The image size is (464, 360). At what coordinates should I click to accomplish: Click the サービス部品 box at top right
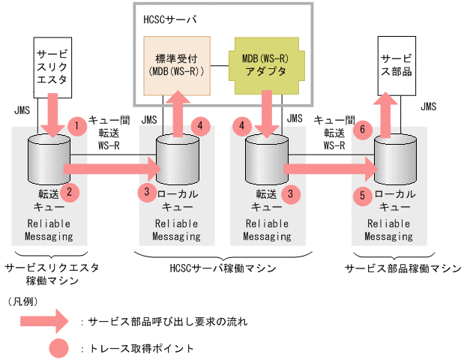[396, 64]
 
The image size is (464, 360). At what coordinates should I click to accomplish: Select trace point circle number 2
[70, 193]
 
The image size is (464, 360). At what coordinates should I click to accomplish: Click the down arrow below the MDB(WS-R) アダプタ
[266, 112]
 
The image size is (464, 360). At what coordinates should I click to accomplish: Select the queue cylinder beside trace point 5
[391, 161]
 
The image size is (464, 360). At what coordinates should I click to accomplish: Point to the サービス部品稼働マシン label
[403, 268]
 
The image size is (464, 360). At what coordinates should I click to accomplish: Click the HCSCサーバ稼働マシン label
[224, 268]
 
